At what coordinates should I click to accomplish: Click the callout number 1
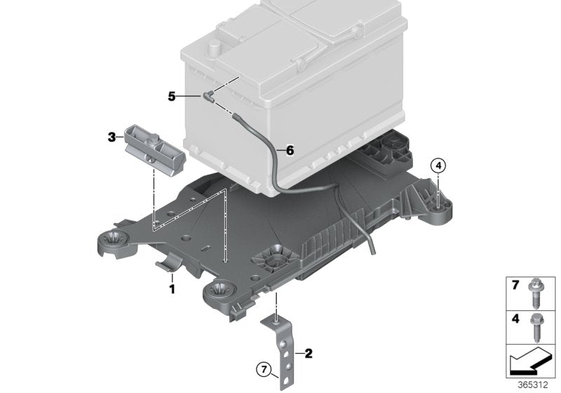pos(171,287)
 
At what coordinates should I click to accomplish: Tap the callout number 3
pos(111,138)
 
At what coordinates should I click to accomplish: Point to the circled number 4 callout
pos(438,166)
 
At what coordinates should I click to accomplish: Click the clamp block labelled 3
pos(154,147)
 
